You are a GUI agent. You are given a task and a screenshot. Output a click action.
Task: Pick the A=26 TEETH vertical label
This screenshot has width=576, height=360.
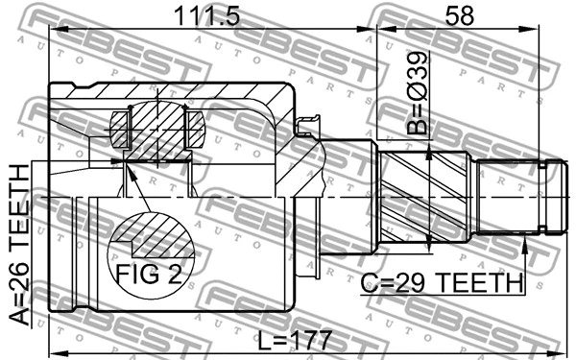(x=19, y=244)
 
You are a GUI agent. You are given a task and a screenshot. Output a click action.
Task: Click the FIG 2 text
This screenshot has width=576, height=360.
(x=148, y=275)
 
